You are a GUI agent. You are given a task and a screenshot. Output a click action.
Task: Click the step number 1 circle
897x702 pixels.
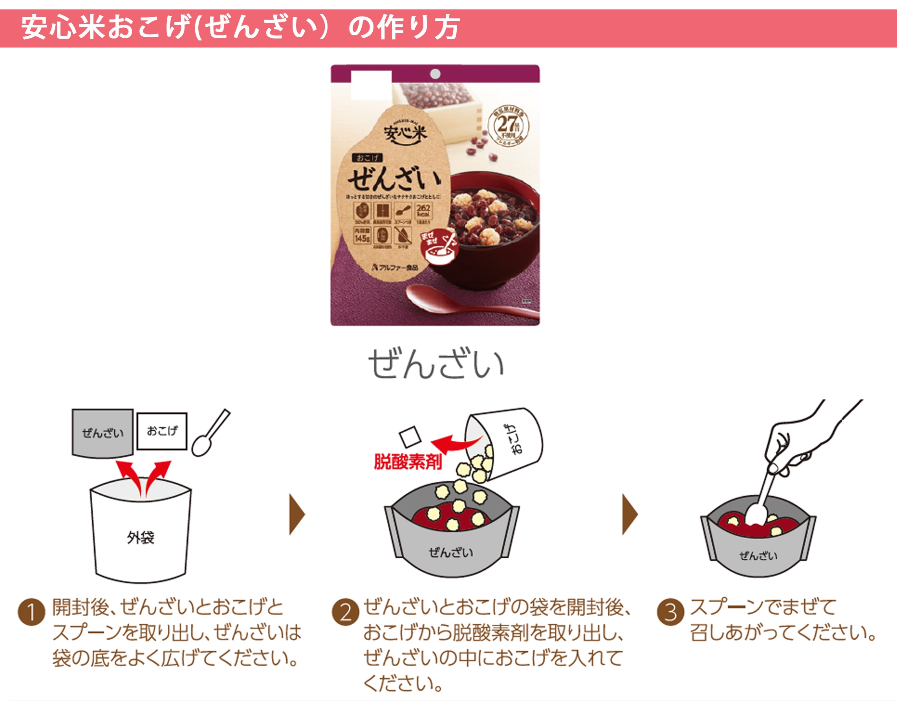pos(31,612)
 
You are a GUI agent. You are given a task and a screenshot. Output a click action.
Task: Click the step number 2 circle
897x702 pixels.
pos(345,612)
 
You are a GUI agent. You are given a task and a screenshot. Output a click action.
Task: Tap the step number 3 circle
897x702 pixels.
pos(670,612)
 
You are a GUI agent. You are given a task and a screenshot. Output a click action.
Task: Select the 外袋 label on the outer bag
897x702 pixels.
pos(141,537)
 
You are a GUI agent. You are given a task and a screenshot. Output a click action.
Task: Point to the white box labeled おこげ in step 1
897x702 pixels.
pos(162,431)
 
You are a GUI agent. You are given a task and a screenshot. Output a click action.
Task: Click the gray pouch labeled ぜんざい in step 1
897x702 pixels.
pos(103,433)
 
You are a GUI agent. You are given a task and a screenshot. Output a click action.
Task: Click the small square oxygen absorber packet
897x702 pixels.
pos(410,436)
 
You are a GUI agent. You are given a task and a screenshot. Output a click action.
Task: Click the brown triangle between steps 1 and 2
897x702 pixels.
pos(297,514)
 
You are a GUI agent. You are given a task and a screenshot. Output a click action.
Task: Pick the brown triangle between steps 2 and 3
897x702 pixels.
pos(630,514)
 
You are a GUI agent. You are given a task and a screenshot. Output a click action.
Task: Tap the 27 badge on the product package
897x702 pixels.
pos(508,125)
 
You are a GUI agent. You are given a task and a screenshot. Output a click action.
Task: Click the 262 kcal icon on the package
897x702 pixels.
pos(423,211)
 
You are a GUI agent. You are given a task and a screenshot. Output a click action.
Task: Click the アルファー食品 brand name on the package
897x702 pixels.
pos(395,267)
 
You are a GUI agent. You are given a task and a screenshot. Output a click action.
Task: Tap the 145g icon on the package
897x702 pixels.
pos(362,235)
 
